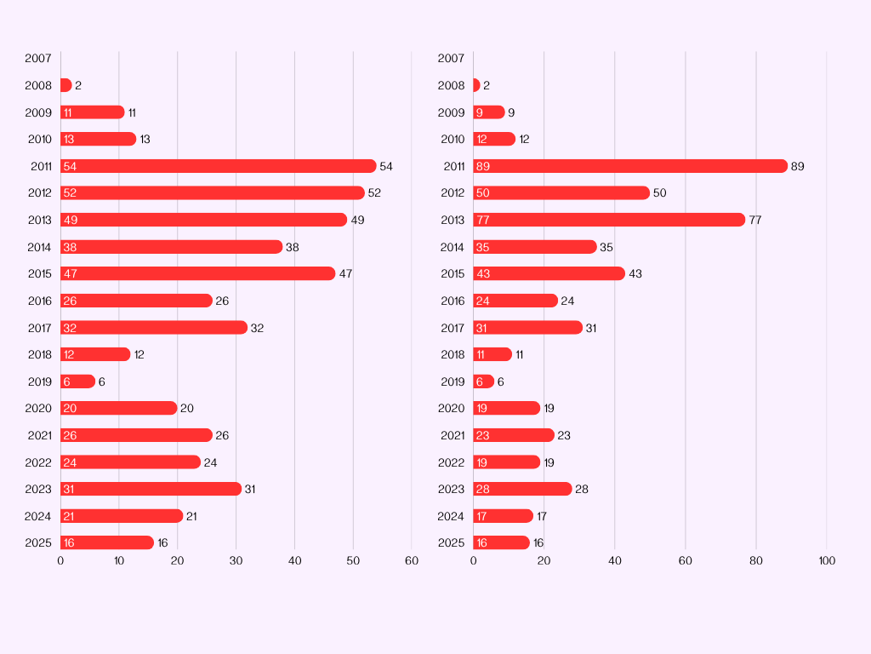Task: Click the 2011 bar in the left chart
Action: coord(218,166)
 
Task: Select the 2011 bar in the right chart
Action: coord(630,166)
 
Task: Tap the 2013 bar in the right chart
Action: coord(609,220)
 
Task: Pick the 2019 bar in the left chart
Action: coord(77,381)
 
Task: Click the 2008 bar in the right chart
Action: coord(476,85)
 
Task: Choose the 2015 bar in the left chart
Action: coord(197,273)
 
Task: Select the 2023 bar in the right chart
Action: coord(522,489)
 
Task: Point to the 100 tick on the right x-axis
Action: coord(827,560)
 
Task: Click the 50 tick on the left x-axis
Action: coord(353,560)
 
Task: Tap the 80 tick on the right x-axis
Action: coord(756,560)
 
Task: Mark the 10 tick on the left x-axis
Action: coord(119,560)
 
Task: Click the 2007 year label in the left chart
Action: coord(38,59)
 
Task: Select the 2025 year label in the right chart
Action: coord(451,542)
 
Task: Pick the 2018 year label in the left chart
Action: coord(39,354)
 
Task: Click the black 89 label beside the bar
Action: coord(797,166)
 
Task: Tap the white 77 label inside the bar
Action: coord(483,220)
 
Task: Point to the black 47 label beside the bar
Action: coord(345,273)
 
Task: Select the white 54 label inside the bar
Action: coord(70,166)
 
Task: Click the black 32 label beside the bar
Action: coord(257,328)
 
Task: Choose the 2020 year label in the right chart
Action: coord(451,408)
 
